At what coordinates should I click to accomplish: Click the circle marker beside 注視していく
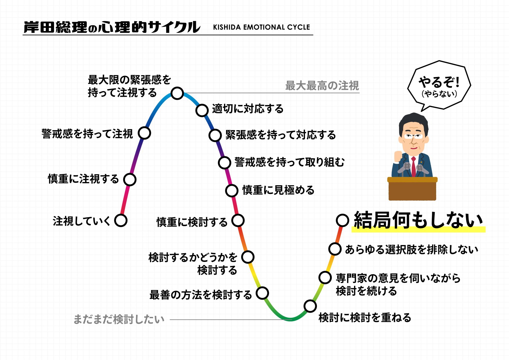pyautogui.click(x=121, y=220)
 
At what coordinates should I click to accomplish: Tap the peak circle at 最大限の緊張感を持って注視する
pyautogui.click(x=177, y=93)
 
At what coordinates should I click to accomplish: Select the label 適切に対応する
pyautogui.click(x=248, y=109)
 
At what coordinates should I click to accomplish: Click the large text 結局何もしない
pyautogui.click(x=418, y=220)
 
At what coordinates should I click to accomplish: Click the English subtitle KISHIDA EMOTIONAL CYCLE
pyautogui.click(x=261, y=27)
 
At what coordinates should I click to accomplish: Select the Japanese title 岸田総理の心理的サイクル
pyautogui.click(x=112, y=27)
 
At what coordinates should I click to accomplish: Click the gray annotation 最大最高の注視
pyautogui.click(x=322, y=86)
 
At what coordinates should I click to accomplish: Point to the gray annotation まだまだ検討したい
pyautogui.click(x=119, y=319)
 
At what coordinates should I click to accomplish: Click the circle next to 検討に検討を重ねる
pyautogui.click(x=310, y=306)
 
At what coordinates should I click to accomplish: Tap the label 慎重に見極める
pyautogui.click(x=278, y=190)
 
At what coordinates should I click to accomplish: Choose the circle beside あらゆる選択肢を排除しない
pyautogui.click(x=335, y=249)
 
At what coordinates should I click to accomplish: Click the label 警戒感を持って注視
pyautogui.click(x=87, y=134)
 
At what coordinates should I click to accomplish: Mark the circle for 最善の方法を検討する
pyautogui.click(x=262, y=293)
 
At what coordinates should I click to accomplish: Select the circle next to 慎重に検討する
pyautogui.click(x=238, y=221)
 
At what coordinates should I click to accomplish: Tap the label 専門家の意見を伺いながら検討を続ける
pyautogui.click(x=398, y=284)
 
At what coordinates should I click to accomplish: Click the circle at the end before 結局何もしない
pyautogui.click(x=342, y=220)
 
